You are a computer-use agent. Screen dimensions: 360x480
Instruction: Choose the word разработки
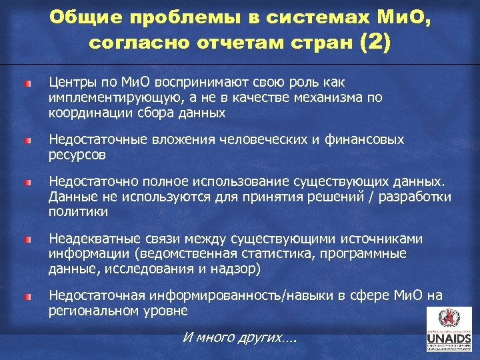click(x=415, y=197)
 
